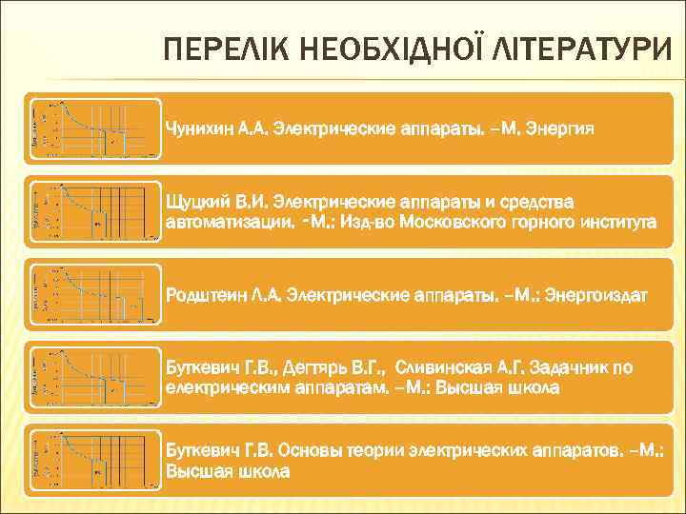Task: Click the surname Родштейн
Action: [x=201, y=296]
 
